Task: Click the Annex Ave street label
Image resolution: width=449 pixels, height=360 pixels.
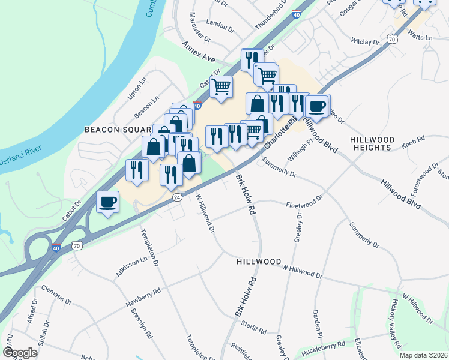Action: [x=199, y=52]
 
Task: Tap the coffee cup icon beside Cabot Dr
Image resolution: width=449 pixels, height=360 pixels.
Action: [x=108, y=203]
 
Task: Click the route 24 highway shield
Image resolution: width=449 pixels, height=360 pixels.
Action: [x=176, y=197]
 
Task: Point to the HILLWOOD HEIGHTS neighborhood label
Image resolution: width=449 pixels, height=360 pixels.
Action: [x=373, y=144]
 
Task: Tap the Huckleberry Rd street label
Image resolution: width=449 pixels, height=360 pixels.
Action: [x=324, y=346]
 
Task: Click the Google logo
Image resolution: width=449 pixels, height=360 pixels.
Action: [x=20, y=353]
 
